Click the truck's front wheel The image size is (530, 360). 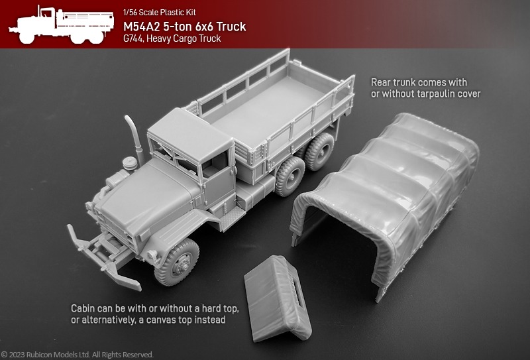click(176, 263)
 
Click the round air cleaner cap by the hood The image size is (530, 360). click(130, 163)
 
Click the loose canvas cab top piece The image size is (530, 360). click(278, 298)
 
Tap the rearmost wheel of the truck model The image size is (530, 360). click(319, 151)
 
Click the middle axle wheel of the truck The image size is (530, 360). click(290, 176)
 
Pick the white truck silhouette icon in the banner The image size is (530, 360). click(62, 25)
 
